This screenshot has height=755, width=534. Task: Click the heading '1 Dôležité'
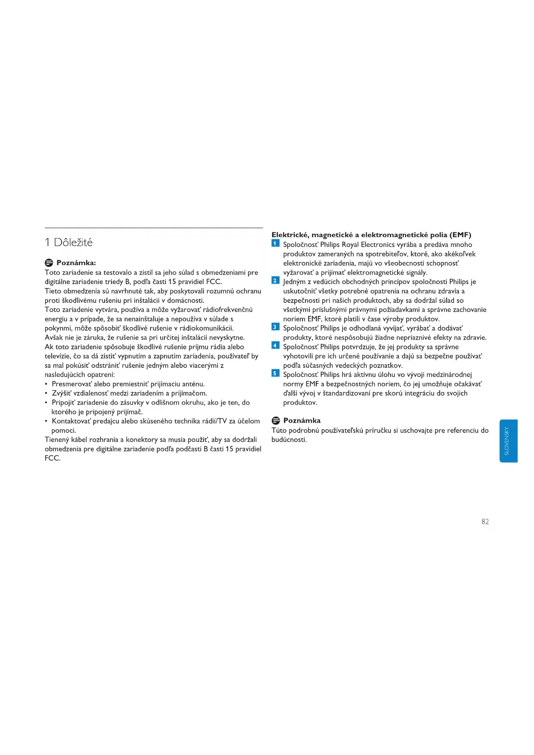pyautogui.click(x=68, y=242)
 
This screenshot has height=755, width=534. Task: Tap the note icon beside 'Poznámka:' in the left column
pyautogui.click(x=49, y=263)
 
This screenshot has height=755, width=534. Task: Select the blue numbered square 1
pyautogui.click(x=275, y=244)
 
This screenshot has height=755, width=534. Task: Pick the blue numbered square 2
pyautogui.click(x=275, y=281)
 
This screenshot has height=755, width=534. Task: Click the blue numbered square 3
pyautogui.click(x=275, y=327)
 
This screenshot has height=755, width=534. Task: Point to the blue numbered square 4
pyautogui.click(x=275, y=346)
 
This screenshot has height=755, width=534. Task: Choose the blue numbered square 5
pyautogui.click(x=275, y=374)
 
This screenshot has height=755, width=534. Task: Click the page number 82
pyautogui.click(x=485, y=522)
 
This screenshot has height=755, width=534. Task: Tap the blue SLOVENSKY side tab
pyautogui.click(x=508, y=441)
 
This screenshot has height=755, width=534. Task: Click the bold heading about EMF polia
pyautogui.click(x=371, y=235)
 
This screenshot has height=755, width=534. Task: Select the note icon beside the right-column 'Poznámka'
pyautogui.click(x=276, y=421)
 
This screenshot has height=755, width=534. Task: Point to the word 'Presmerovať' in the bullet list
pyautogui.click(x=72, y=384)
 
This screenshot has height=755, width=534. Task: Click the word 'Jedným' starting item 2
pyautogui.click(x=294, y=282)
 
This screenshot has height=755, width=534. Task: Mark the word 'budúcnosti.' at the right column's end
pyautogui.click(x=289, y=440)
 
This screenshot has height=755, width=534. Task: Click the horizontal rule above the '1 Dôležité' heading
pyautogui.click(x=154, y=228)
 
